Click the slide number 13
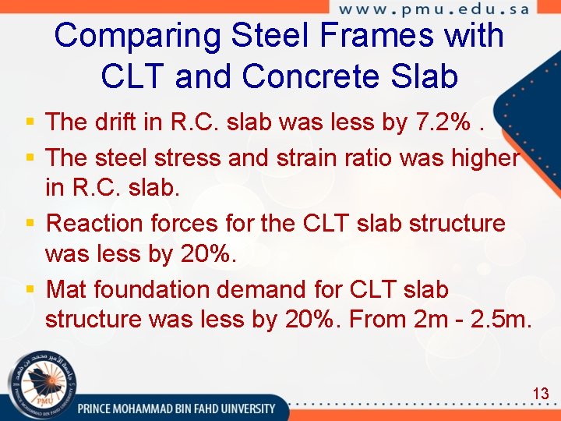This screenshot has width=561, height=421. click(541, 394)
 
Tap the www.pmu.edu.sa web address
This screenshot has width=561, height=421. click(434, 9)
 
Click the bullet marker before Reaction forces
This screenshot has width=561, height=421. click(30, 225)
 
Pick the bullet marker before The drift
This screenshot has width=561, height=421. click(30, 122)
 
